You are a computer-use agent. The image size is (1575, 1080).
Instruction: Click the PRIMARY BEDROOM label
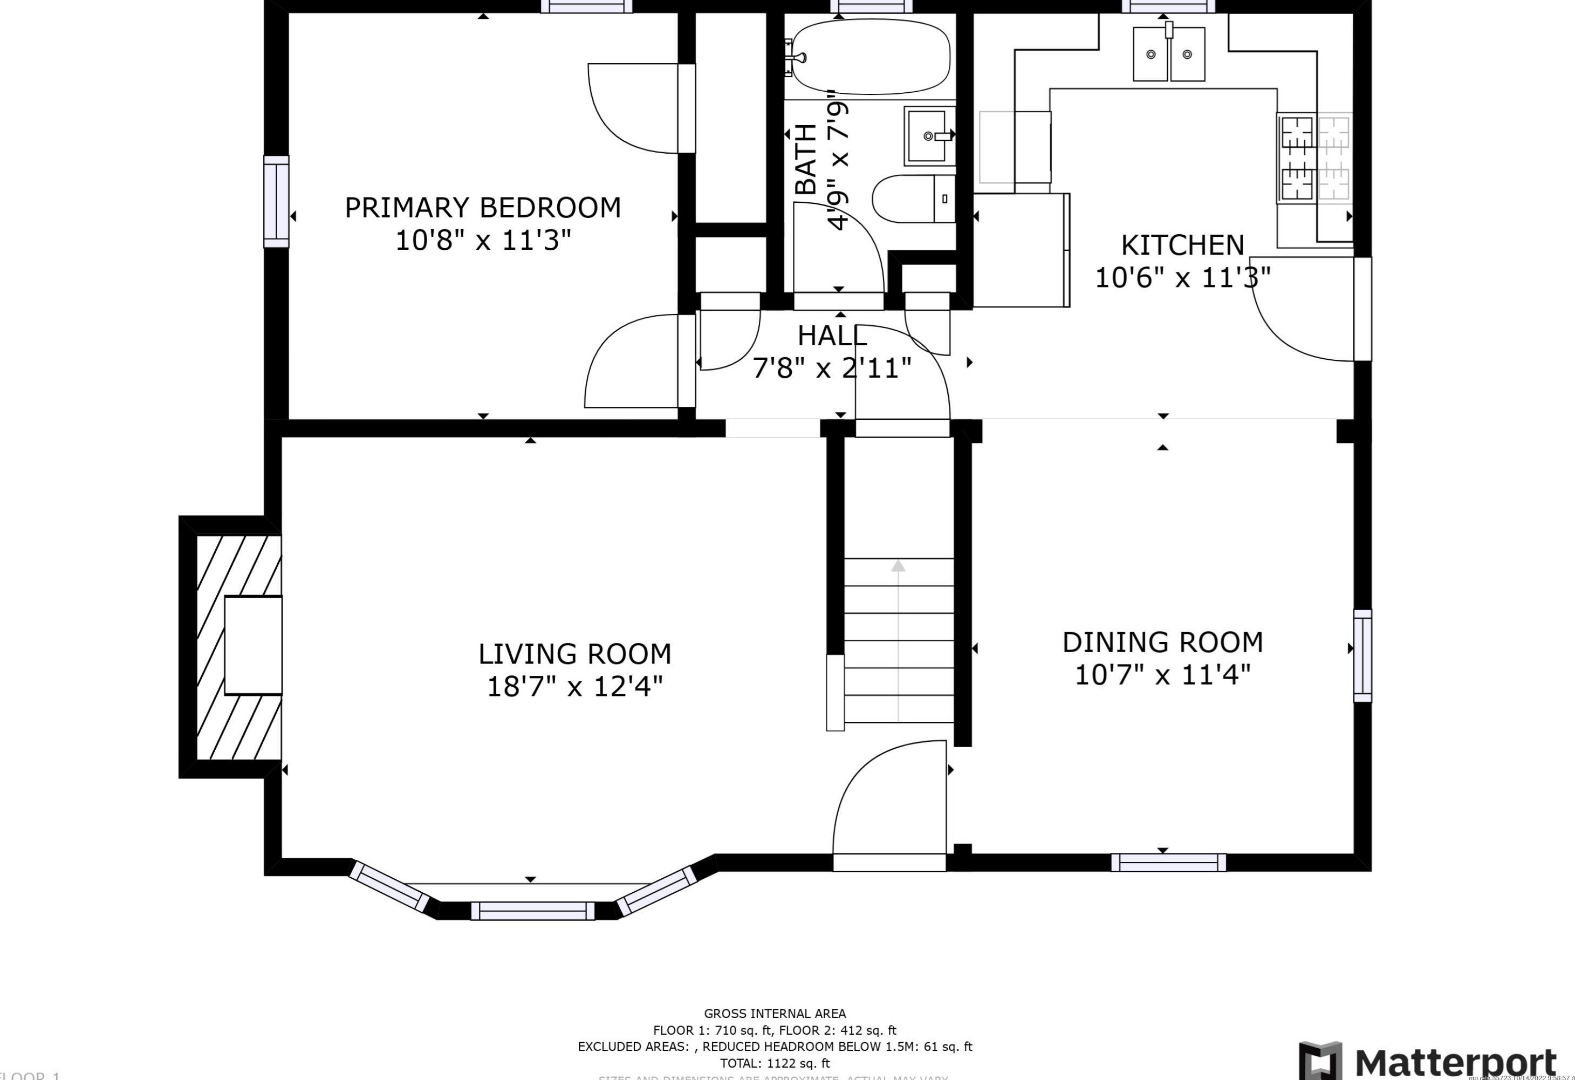point(483,208)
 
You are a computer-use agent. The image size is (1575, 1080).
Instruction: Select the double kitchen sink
point(1169,54)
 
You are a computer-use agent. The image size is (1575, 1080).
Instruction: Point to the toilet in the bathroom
point(912,199)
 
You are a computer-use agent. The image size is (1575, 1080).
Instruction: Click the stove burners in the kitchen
point(1297,158)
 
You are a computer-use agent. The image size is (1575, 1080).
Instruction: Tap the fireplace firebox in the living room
point(253,645)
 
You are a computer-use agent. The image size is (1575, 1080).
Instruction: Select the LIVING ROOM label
point(574,654)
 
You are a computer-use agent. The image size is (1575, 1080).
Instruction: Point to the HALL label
point(832,336)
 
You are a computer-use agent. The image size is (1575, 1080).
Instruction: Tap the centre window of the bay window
point(533,911)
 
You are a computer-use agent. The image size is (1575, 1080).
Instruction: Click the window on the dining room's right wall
point(1362,655)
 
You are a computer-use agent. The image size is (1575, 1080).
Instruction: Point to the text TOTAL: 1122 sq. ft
point(775,1063)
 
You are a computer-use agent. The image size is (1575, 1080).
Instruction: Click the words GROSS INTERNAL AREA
point(775,1014)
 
